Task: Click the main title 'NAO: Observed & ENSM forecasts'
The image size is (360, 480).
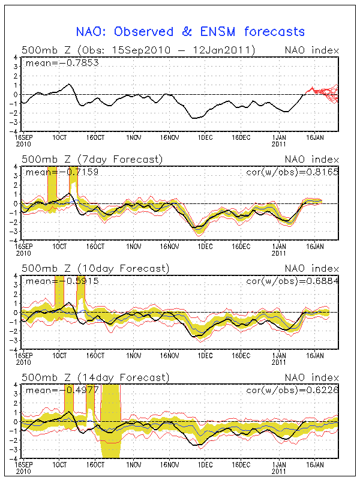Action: click(190, 32)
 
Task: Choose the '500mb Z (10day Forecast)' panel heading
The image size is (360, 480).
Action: click(94, 268)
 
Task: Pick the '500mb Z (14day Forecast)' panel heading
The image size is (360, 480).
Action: click(94, 377)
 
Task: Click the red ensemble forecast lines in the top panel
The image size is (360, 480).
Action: click(324, 93)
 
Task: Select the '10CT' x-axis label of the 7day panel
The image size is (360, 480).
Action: click(59, 246)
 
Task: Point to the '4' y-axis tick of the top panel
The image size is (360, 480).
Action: click(16, 58)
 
